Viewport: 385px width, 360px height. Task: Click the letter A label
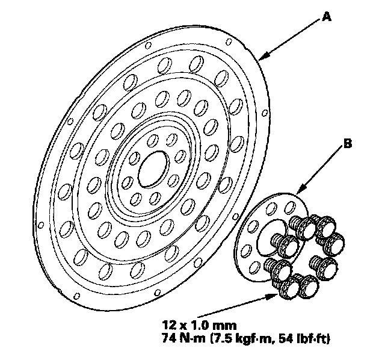click(327, 18)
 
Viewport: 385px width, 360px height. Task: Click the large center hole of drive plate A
click(153, 170)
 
